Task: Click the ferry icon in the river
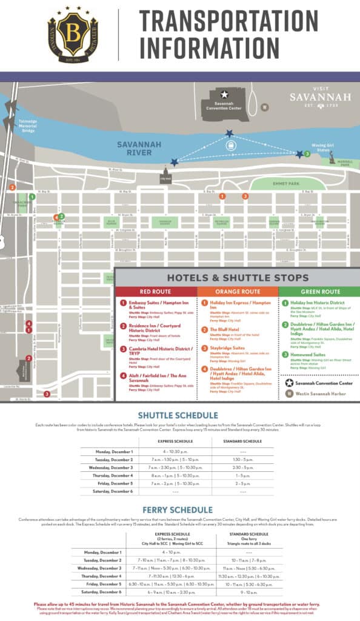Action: click(x=230, y=146)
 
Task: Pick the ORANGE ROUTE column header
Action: click(x=238, y=291)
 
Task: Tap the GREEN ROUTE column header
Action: click(x=319, y=291)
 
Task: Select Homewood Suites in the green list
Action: click(x=310, y=354)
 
